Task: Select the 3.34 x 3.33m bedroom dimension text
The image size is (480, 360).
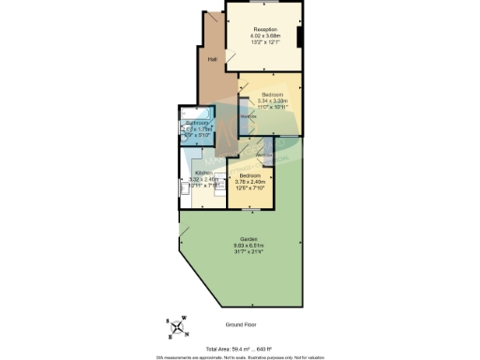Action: click(x=273, y=100)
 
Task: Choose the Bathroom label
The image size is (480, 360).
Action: click(x=196, y=123)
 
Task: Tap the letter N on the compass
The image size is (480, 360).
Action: click(x=187, y=336)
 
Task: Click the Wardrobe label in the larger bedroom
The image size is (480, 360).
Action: click(x=247, y=117)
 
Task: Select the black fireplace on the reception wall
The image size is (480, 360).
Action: click(x=298, y=37)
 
